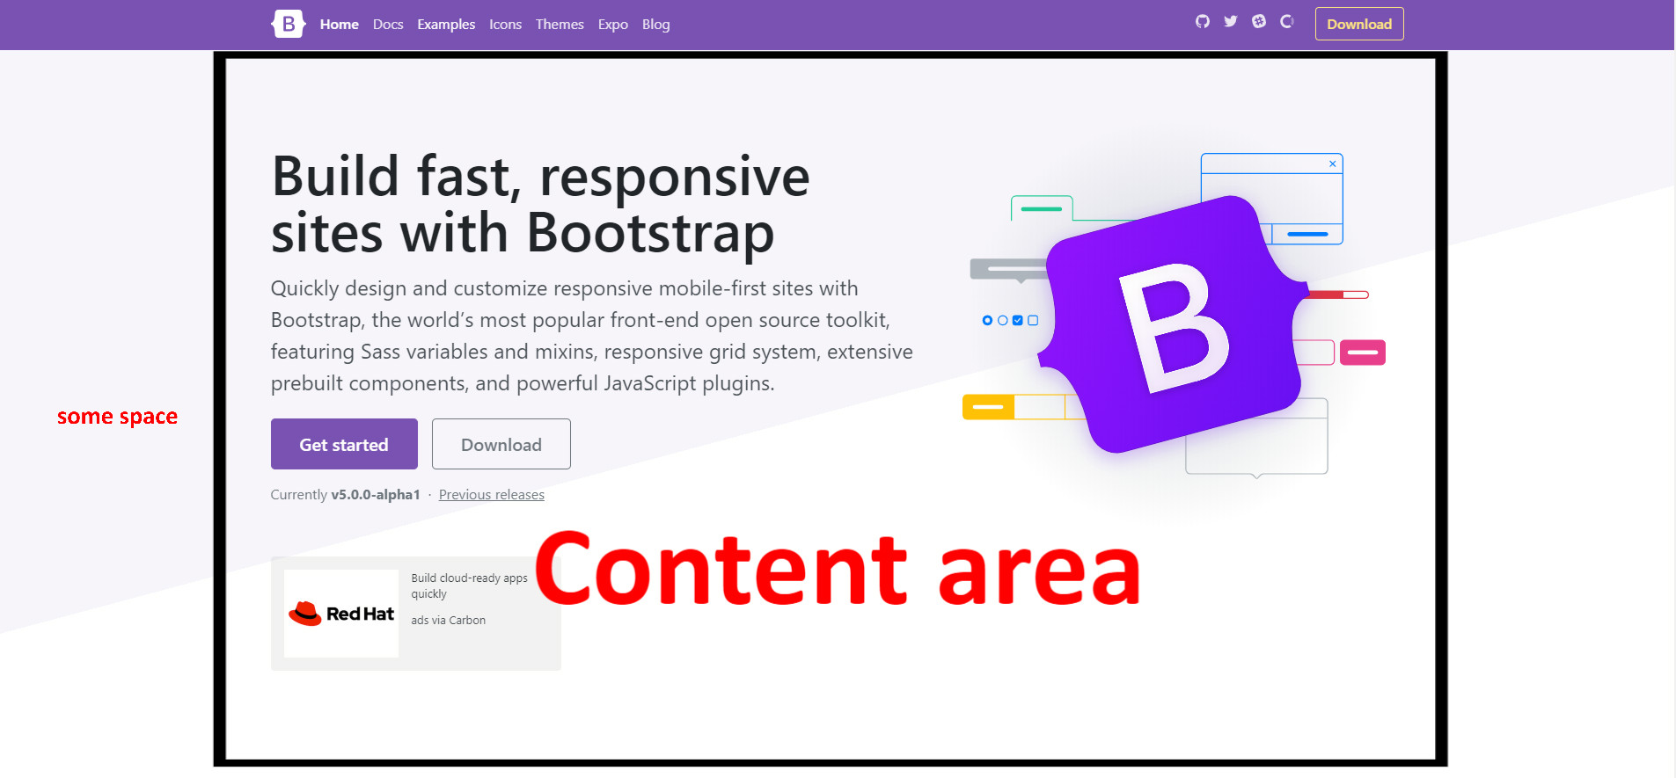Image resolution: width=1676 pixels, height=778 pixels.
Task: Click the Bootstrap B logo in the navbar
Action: [x=288, y=24]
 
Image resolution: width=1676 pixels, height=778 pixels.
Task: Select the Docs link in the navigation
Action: [x=388, y=25]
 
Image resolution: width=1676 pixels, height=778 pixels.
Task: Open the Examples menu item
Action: [x=446, y=25]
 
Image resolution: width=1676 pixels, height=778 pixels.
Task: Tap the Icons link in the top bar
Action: [x=505, y=25]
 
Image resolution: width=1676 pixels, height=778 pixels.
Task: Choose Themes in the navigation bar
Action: [x=560, y=25]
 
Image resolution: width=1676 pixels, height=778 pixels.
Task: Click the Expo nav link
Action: [x=612, y=25]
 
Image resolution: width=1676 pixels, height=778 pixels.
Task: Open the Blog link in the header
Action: [x=655, y=25]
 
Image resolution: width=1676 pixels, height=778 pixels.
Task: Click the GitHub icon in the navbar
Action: [x=1202, y=22]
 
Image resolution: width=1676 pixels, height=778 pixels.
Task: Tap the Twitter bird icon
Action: [x=1230, y=22]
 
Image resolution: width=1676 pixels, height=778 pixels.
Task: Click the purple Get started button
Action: [x=344, y=444]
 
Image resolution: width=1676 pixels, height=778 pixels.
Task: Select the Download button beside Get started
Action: [x=501, y=444]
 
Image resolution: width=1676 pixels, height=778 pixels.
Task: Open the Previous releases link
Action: [x=491, y=495]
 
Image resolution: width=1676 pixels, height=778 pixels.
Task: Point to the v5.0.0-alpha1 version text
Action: [x=376, y=495]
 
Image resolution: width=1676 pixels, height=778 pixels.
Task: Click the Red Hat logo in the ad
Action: [x=341, y=614]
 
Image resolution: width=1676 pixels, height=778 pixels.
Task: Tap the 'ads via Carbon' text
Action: [x=448, y=621]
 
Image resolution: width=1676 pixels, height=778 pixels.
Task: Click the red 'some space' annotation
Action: [x=117, y=417]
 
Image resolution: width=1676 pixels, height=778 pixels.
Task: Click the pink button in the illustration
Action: [x=1362, y=353]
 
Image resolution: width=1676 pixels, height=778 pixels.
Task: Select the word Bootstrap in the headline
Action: [x=650, y=234]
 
